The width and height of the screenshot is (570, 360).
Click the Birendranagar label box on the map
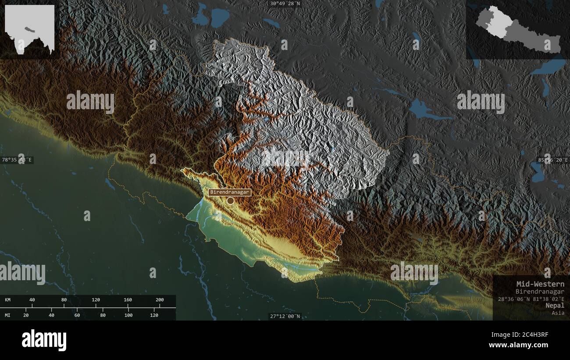click(x=230, y=192)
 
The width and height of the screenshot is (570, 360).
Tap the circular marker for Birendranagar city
click(x=230, y=201)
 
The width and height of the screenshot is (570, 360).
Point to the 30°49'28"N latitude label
click(x=285, y=4)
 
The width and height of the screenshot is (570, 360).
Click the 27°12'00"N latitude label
click(x=285, y=316)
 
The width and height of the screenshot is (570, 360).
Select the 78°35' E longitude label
click(x=17, y=160)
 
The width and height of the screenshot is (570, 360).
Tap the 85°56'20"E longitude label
click(x=553, y=160)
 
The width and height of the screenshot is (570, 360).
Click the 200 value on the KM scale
click(x=159, y=300)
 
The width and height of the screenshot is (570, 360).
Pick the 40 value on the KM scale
click(x=32, y=300)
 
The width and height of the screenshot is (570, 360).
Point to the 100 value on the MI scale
click(x=128, y=315)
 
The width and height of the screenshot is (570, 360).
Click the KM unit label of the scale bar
click(x=8, y=300)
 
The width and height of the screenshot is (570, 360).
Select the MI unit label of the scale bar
click(x=8, y=315)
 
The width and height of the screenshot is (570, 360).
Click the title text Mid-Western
click(x=540, y=284)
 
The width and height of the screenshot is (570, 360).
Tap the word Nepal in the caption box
click(x=555, y=305)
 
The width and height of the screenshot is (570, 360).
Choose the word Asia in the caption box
click(x=558, y=313)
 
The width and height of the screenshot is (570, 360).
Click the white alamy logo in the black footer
click(x=44, y=340)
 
